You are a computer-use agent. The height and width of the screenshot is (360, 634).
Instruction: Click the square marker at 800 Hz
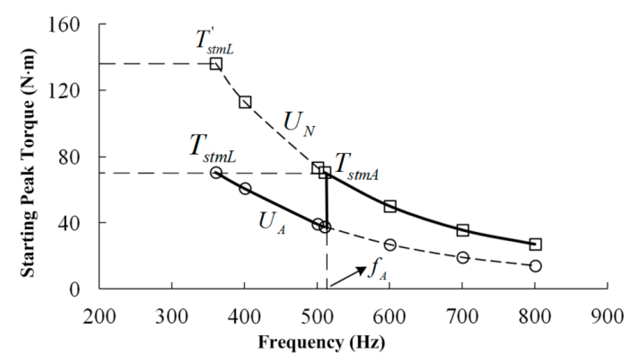coord(535,244)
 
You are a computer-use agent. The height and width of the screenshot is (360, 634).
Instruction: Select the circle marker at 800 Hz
coord(535,266)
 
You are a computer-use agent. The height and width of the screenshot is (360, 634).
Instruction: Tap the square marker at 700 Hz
coord(463,230)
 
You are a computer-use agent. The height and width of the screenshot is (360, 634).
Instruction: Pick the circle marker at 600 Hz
coord(390,245)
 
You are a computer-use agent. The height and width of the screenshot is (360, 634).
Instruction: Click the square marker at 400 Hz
coord(245,102)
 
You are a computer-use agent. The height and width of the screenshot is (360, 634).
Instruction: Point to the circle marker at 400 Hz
coord(245,189)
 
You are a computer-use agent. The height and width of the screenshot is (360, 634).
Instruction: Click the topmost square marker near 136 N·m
coord(216,64)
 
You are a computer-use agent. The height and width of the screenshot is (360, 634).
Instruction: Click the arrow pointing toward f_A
coord(348,276)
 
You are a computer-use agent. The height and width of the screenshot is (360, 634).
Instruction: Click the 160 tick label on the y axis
coord(64,25)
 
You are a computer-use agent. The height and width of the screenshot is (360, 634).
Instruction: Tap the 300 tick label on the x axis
coord(172,317)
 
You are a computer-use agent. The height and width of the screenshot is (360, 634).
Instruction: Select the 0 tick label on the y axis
coord(75,290)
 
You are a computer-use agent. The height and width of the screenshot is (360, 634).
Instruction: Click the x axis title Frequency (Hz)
coord(321,342)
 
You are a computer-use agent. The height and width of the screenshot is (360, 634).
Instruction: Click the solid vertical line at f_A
coord(327,201)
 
